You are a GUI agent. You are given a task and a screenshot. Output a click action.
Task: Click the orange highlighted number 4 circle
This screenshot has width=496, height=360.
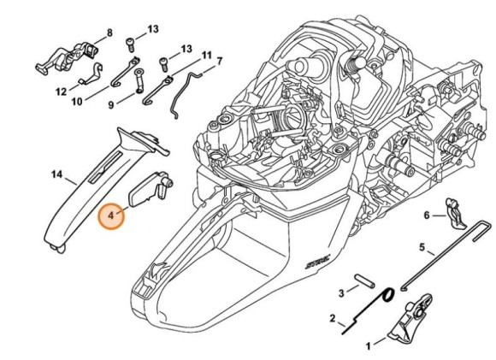[x=112, y=216]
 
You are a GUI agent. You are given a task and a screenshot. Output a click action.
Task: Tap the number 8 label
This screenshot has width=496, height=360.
[x=109, y=33]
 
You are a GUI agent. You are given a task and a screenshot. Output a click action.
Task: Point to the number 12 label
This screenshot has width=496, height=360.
[x=61, y=90]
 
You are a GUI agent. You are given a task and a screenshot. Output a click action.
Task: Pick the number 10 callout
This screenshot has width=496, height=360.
[x=77, y=102]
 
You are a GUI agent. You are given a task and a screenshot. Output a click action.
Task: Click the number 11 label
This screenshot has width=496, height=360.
[x=206, y=55]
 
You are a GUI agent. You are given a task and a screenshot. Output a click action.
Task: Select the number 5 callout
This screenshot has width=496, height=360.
[x=422, y=247]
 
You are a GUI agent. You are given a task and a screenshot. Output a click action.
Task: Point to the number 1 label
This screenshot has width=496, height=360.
[x=369, y=345]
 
